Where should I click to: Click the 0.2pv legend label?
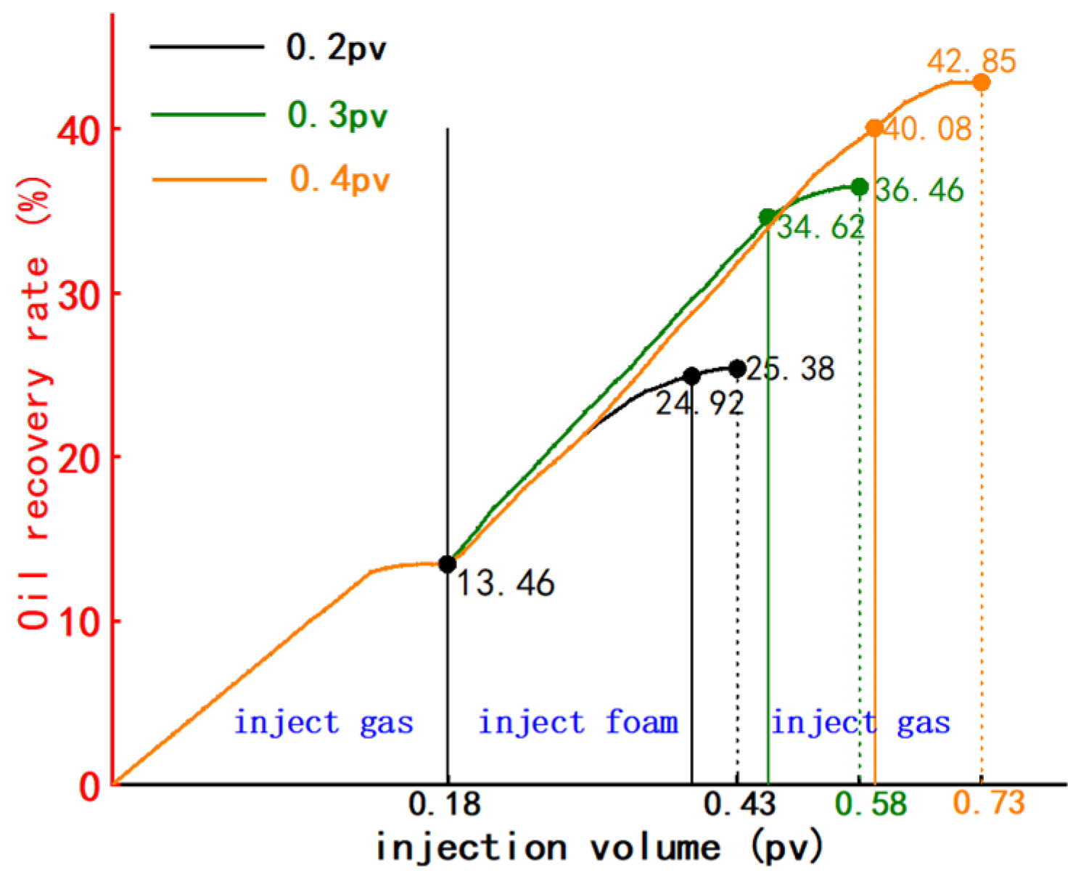tap(336, 48)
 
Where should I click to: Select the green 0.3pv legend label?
tap(337, 115)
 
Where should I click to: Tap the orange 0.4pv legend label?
tap(340, 179)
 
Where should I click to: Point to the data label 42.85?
tap(971, 62)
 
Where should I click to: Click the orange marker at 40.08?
tap(874, 128)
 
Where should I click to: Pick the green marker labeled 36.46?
tap(860, 187)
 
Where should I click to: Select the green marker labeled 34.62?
tap(768, 217)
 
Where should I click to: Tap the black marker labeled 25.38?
tap(737, 369)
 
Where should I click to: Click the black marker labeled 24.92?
tap(691, 376)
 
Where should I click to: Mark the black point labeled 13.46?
tap(448, 564)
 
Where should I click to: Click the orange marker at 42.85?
tap(981, 83)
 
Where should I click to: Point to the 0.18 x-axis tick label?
tap(444, 804)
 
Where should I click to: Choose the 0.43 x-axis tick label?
tap(739, 804)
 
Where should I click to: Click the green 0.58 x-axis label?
tap(871, 804)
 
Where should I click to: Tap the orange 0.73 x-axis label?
tap(988, 803)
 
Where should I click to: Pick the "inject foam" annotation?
tap(578, 723)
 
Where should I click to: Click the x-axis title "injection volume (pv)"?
tap(599, 848)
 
